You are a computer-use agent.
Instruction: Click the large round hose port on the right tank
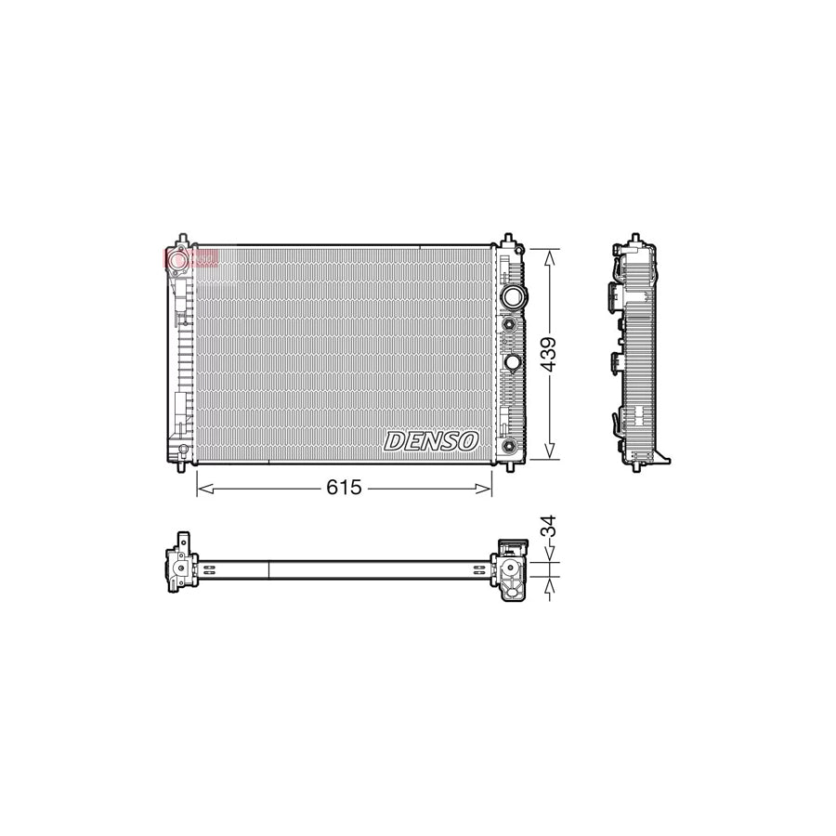pyautogui.click(x=511, y=297)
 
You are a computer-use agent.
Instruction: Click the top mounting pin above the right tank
pyautogui.click(x=508, y=240)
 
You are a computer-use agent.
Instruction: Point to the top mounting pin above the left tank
pyautogui.click(x=183, y=240)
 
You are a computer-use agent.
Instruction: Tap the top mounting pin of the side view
pyautogui.click(x=634, y=240)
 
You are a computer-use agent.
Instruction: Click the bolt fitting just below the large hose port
pyautogui.click(x=509, y=324)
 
